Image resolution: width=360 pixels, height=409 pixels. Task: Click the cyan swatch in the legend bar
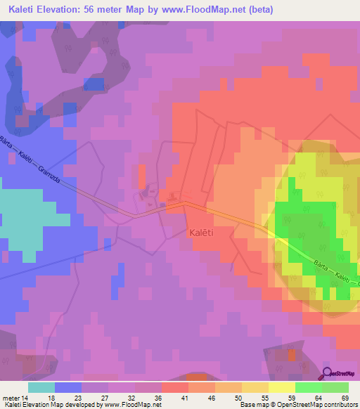point(41,387)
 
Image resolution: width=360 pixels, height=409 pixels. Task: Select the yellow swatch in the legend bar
point(281,387)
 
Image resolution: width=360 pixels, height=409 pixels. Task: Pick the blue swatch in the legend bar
point(67,387)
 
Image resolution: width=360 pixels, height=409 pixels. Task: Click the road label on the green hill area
point(330,274)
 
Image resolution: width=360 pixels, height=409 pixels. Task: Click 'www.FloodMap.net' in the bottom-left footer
point(130,405)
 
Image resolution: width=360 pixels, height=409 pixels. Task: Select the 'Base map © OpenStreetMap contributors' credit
point(295,405)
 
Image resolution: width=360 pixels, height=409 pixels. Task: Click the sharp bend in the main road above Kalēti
point(184,202)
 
